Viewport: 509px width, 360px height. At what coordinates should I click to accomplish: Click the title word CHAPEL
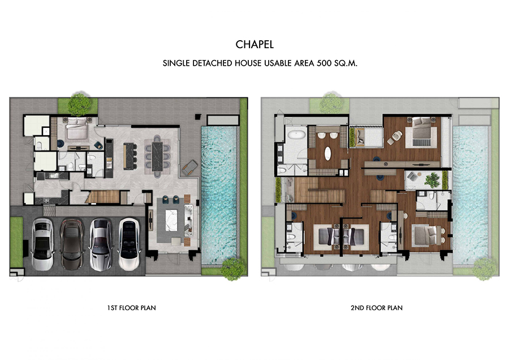point(255,45)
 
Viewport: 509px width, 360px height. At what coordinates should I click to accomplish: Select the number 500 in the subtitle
point(324,63)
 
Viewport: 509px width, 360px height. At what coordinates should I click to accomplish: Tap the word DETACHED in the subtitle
point(212,63)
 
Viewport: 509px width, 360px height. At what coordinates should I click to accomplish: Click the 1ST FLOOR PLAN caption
point(131,308)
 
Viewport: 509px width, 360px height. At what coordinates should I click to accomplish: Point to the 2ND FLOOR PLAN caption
point(377,308)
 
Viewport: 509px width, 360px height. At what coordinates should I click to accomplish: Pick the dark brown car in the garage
point(71,244)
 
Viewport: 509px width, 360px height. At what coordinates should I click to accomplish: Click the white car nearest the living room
point(129,244)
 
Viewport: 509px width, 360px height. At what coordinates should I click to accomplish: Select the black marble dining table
point(157,157)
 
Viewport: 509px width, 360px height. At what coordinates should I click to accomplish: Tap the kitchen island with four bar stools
point(130,156)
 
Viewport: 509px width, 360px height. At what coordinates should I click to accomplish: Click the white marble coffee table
point(171,220)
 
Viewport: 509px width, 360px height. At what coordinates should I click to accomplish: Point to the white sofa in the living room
point(188,221)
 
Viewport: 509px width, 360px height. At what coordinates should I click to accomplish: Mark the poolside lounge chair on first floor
point(189,168)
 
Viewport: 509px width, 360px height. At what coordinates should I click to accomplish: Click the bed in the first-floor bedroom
point(77,129)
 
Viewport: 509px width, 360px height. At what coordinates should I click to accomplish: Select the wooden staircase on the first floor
point(104,197)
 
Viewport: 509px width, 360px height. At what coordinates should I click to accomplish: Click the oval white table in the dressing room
point(328,153)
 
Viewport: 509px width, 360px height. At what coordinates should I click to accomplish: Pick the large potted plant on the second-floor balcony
point(432,181)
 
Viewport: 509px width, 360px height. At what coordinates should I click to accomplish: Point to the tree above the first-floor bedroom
point(80,104)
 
